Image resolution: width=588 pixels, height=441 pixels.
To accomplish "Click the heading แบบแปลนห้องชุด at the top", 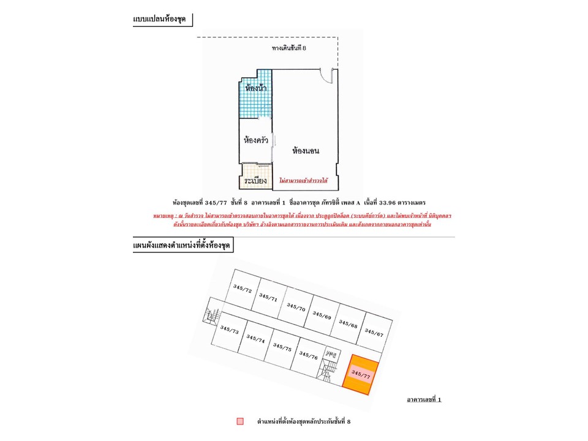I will (x=159, y=20).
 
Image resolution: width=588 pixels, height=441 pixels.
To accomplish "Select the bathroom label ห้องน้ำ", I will (x=255, y=88).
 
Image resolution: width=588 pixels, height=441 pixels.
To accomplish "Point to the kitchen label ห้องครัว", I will (x=255, y=140).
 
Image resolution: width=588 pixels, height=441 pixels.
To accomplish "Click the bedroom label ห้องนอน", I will (x=307, y=150).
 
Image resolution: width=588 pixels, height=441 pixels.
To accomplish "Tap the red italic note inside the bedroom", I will (x=303, y=181).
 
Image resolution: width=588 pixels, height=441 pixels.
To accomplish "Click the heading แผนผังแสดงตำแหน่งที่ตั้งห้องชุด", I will (x=183, y=246).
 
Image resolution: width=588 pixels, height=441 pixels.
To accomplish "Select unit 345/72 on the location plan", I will (x=243, y=288).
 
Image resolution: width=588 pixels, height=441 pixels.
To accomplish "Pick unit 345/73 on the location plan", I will (x=229, y=330).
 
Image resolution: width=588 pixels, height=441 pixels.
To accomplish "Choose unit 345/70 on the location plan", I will (x=296, y=306).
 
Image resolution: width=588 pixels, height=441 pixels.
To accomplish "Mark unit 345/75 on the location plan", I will (x=282, y=347).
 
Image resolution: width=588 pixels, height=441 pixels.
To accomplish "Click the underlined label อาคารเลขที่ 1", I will (x=424, y=399).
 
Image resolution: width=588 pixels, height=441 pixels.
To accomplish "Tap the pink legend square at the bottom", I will (x=240, y=421).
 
